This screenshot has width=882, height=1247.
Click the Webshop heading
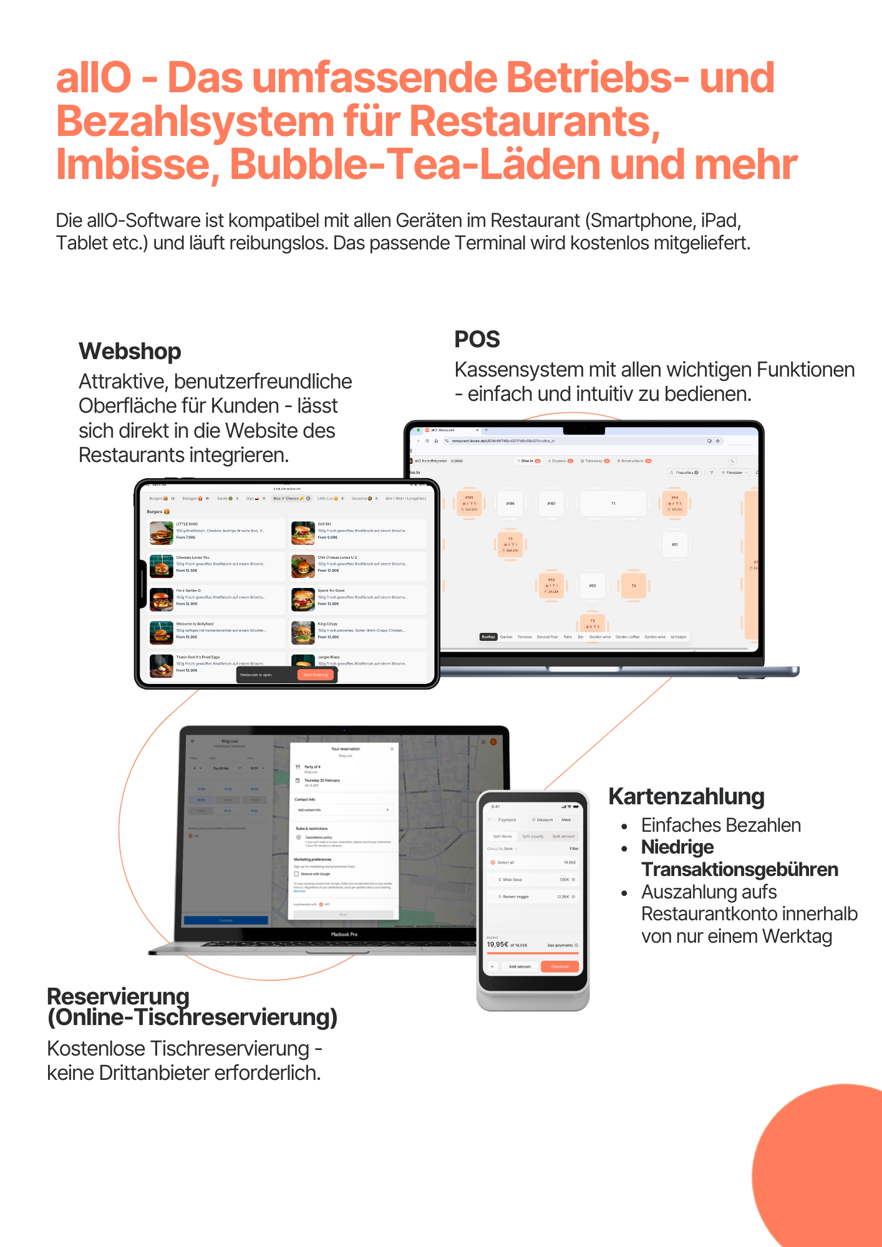coord(130,352)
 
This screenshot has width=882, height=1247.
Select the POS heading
coord(477,340)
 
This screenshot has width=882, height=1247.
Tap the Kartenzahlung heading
coord(686,797)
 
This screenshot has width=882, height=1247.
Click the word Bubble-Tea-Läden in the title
coord(415,164)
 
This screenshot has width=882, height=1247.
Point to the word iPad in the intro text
coord(720,221)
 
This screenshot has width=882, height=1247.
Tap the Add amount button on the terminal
coord(520,966)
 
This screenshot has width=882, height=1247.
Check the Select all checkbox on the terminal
coord(493,862)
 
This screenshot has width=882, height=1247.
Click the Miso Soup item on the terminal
coord(512,880)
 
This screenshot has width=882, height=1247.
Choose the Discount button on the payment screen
coord(542,820)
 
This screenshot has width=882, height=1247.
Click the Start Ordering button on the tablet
coord(315,675)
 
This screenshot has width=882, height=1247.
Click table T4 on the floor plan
coord(633,586)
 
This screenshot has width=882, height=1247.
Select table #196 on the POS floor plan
coord(510,503)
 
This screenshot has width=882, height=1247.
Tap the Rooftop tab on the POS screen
coord(488,637)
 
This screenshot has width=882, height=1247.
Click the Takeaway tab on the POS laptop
coord(594,461)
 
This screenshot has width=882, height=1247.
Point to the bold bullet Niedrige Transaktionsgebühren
coord(739,859)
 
